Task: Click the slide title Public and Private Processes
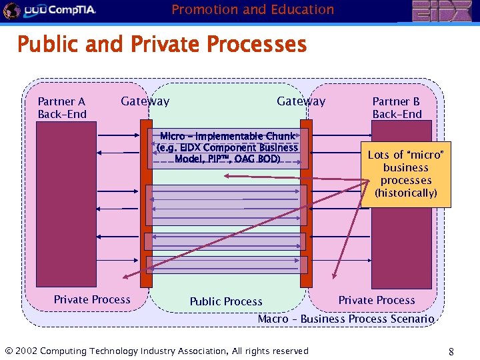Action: [x=162, y=45]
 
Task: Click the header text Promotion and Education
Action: [x=253, y=9]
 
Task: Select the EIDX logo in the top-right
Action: [x=441, y=11]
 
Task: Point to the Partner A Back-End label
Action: [x=62, y=108]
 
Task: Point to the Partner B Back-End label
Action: [x=397, y=108]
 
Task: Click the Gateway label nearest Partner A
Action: [x=145, y=101]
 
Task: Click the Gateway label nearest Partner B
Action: [x=301, y=101]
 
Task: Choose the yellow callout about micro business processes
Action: [x=405, y=174]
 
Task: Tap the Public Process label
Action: [x=226, y=301]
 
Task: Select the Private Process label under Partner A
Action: [x=92, y=299]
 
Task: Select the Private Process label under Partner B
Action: [x=377, y=300]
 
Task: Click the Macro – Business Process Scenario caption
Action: [x=346, y=319]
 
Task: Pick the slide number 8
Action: [x=451, y=351]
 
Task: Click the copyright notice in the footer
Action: [x=157, y=351]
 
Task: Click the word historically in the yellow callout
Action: [x=406, y=193]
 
